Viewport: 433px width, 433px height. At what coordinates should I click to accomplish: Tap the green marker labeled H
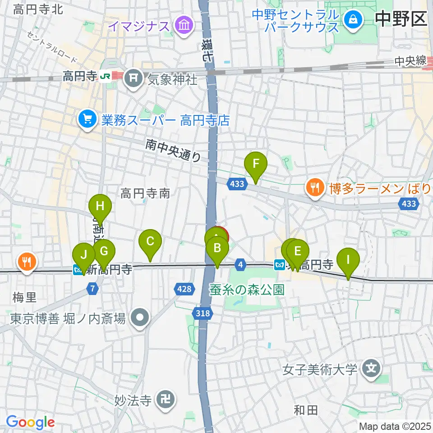(100, 207)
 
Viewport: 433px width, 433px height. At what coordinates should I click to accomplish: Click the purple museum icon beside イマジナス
(184, 25)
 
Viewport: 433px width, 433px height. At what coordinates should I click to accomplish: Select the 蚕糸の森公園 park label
(248, 290)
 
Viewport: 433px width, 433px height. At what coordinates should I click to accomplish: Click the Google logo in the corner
(30, 422)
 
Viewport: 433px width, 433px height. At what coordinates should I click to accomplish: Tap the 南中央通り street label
(173, 150)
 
